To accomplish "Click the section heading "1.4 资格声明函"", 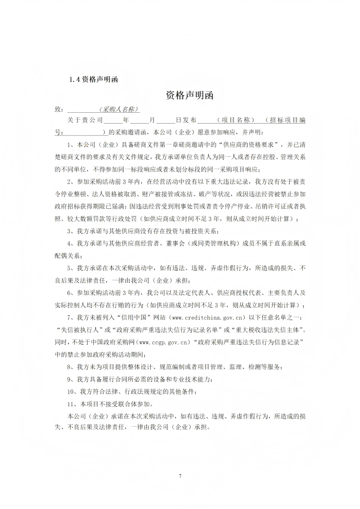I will (93, 79).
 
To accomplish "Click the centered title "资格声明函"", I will (189, 96).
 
